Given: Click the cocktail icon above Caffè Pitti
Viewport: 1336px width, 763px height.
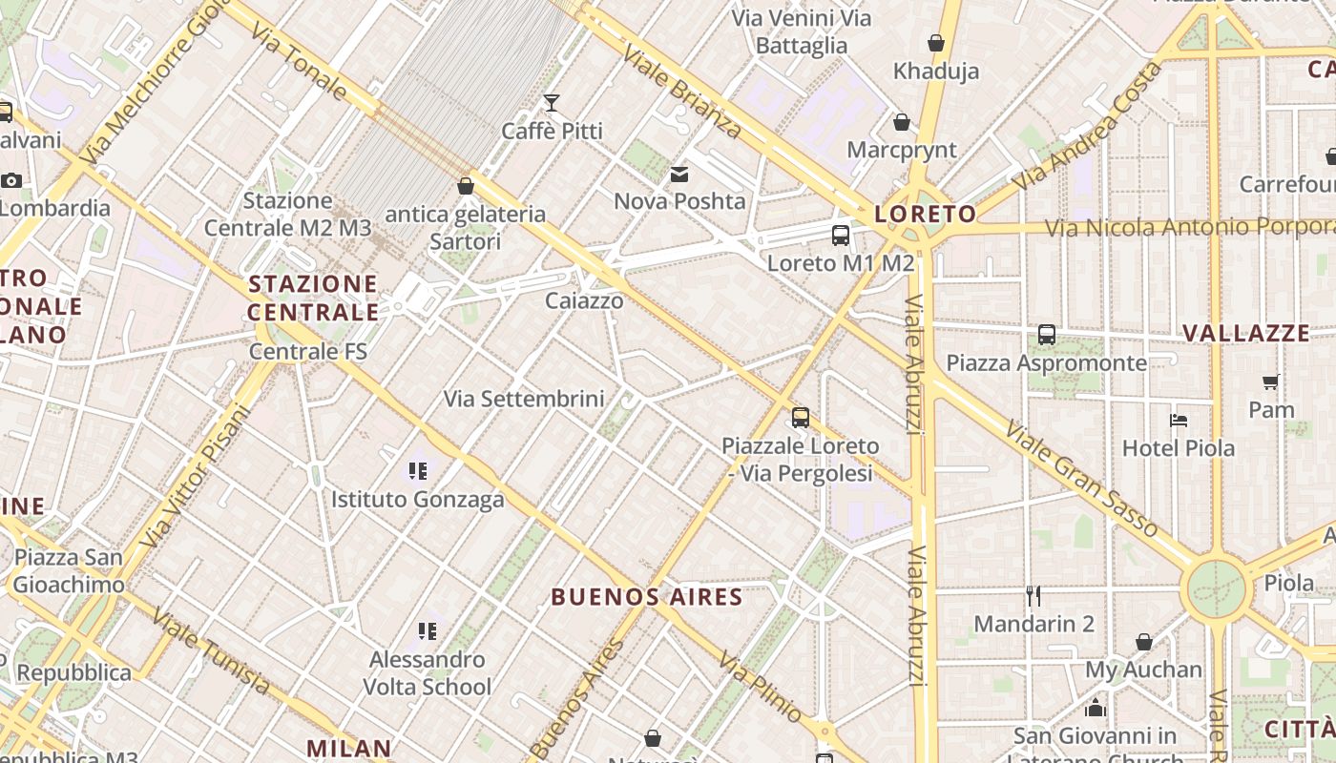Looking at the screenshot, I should [x=552, y=102].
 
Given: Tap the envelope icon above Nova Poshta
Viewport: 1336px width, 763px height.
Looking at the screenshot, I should [x=679, y=174].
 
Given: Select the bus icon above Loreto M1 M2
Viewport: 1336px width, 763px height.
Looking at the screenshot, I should [x=841, y=235].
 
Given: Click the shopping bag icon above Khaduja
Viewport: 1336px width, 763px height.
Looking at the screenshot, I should [x=936, y=43].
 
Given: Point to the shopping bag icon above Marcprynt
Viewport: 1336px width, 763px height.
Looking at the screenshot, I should [x=902, y=122].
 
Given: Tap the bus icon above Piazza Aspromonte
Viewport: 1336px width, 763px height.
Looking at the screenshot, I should [x=1047, y=335].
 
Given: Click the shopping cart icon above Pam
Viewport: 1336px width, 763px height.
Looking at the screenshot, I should [x=1271, y=382].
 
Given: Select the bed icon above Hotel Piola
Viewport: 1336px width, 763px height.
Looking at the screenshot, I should [x=1179, y=420].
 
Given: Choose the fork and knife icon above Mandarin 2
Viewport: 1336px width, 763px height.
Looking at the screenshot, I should [x=1033, y=596].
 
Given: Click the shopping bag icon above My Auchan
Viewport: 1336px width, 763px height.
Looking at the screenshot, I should [x=1144, y=642].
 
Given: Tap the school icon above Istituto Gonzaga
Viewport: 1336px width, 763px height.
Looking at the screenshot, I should [x=417, y=470].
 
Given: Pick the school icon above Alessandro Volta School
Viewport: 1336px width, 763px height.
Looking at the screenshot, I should [x=428, y=630].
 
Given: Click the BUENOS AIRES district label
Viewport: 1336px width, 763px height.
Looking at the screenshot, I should [x=647, y=597].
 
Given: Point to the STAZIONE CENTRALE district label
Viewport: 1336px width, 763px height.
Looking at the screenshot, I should [x=313, y=298].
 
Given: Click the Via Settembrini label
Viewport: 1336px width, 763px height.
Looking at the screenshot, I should [x=524, y=399].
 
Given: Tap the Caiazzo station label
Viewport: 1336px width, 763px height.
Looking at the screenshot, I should [x=584, y=300].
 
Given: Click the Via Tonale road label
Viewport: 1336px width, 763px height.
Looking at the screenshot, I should [x=300, y=63].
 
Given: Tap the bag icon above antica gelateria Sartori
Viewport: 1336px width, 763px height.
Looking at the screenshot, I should [x=466, y=186].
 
